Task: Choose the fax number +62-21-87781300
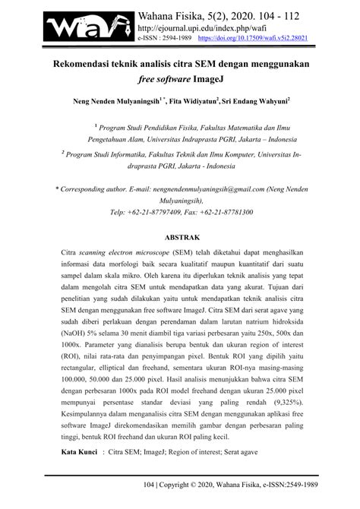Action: (x=229, y=212)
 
